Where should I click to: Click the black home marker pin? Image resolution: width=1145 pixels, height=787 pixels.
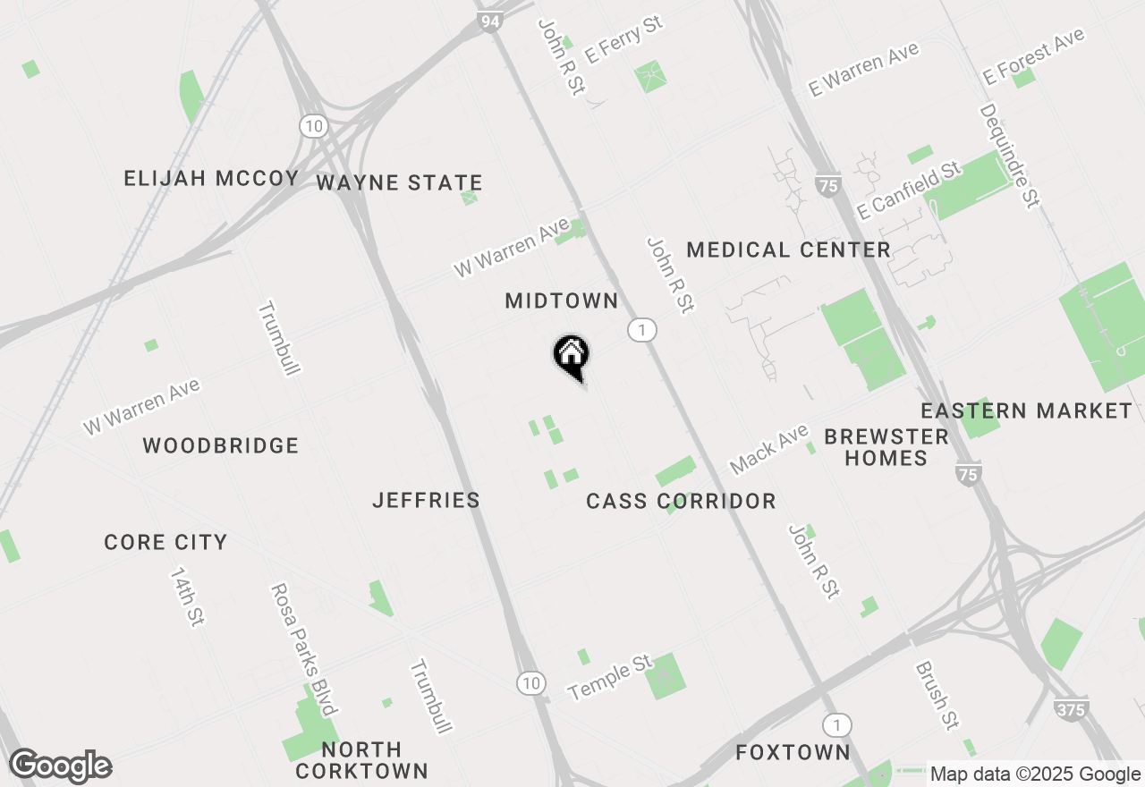[x=571, y=356]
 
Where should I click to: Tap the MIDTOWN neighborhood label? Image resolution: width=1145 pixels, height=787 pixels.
[x=562, y=301]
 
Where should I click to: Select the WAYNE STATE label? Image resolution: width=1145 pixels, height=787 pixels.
[x=399, y=183]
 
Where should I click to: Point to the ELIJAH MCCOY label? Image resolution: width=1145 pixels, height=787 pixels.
[x=211, y=179]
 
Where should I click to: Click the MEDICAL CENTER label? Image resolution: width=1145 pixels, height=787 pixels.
[x=788, y=250]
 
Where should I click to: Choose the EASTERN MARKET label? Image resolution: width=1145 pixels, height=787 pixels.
[x=1026, y=411]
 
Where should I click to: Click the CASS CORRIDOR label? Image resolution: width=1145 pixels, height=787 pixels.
[x=681, y=502]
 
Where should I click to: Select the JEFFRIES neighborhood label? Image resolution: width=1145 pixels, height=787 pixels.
[x=426, y=501]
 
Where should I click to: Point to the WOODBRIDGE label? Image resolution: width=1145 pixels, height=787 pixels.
[x=220, y=445]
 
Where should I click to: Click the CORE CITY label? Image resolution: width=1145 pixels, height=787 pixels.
[x=165, y=543]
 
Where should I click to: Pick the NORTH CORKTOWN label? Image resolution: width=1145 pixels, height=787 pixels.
[x=361, y=760]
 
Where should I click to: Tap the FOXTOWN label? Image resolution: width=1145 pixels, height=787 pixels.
[x=793, y=753]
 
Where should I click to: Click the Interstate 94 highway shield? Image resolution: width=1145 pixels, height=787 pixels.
[x=489, y=21]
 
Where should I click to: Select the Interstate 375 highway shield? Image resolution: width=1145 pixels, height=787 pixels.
[x=1071, y=710]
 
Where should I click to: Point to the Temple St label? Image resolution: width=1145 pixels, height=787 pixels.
[x=610, y=678]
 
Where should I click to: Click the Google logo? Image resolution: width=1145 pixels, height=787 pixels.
[x=60, y=766]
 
